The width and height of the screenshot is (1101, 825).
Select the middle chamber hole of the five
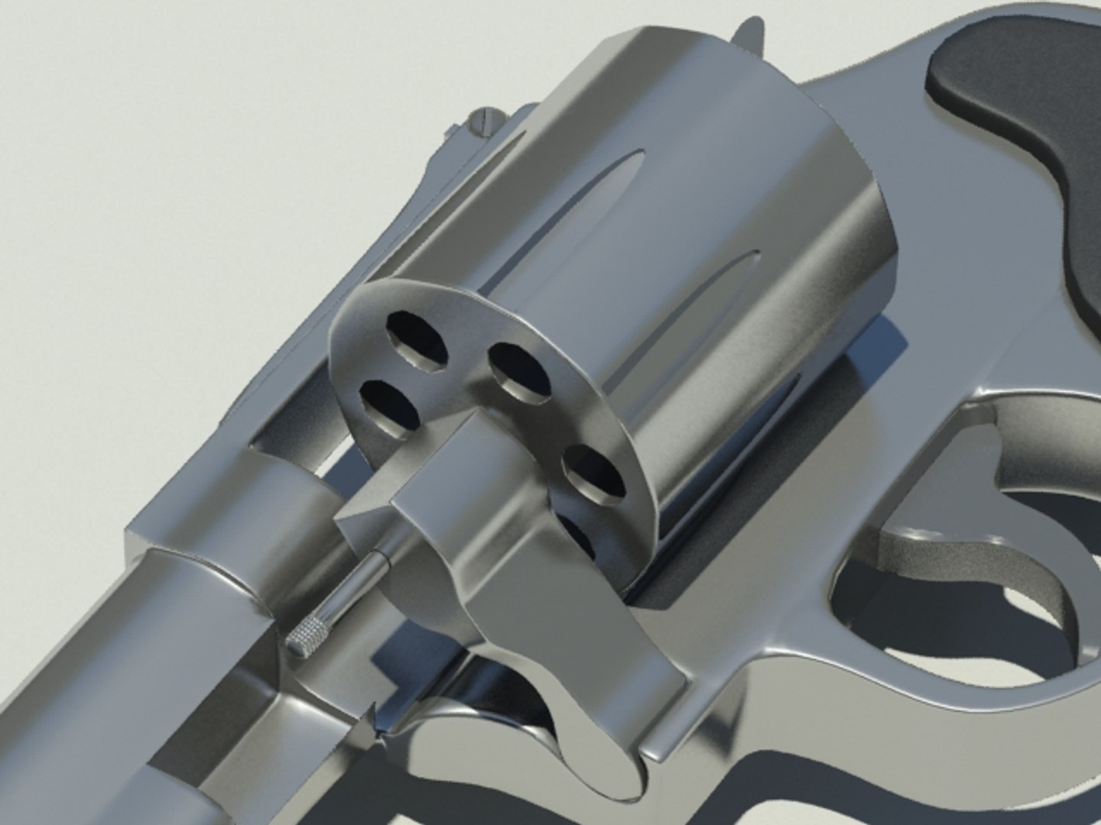pos(520,372)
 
